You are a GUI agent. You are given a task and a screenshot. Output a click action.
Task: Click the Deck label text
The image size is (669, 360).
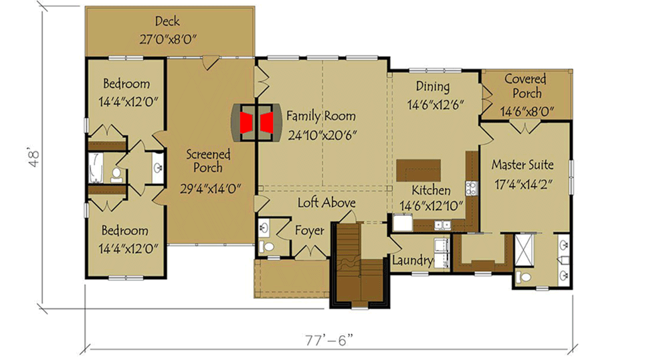(167, 21)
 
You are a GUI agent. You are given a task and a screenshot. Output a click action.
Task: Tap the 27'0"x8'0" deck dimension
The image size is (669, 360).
(167, 39)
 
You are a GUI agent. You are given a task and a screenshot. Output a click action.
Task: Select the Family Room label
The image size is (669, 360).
(321, 116)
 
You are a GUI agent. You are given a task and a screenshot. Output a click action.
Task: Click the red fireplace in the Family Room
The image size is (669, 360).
(256, 122)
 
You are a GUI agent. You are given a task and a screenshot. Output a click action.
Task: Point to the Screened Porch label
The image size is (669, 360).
(209, 161)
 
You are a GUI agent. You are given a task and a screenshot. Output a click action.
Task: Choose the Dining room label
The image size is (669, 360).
(433, 86)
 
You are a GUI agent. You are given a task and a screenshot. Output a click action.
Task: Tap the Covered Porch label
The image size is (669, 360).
(525, 87)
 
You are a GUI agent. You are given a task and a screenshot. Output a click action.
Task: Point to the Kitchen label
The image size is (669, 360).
(430, 189)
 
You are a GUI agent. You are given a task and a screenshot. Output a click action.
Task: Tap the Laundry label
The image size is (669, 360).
(413, 261)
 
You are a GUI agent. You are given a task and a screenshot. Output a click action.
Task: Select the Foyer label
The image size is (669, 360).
(310, 231)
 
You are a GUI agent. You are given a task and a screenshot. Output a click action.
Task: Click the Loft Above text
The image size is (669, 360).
(326, 203)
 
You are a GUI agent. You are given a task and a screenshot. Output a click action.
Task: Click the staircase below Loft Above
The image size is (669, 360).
(360, 264)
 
